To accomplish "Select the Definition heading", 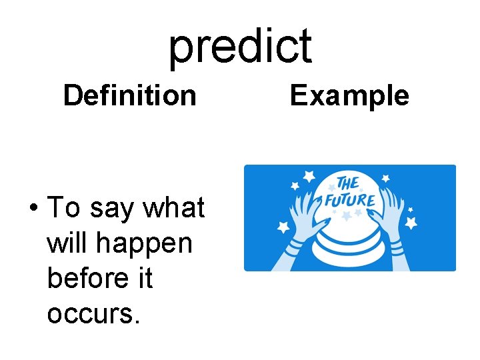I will tap(129, 95).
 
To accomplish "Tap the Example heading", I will tap(349, 95).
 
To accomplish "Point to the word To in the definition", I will tap(64, 208).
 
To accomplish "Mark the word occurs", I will tap(93, 313).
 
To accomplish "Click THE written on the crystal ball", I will tap(348, 183).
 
